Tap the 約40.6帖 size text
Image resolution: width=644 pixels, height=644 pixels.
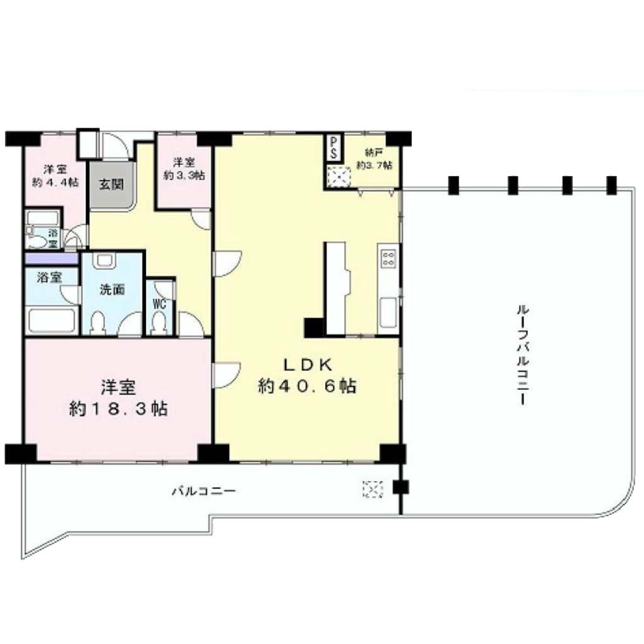tap(307, 386)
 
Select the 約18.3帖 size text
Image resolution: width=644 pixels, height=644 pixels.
tap(118, 409)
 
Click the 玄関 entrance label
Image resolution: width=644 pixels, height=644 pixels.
tap(111, 184)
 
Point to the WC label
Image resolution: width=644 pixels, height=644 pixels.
tap(159, 304)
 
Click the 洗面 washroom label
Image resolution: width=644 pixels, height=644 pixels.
tap(112, 289)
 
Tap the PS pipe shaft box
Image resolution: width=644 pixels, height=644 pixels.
tap(333, 148)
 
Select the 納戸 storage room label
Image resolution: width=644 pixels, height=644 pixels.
tap(374, 153)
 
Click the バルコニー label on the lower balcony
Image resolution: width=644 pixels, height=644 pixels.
tap(203, 491)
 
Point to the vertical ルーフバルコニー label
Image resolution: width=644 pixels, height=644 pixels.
tap(523, 355)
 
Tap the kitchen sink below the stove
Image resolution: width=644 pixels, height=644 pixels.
tap(388, 312)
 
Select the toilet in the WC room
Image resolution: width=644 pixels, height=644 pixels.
tap(159, 323)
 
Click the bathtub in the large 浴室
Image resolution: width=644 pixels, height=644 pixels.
tap(52, 320)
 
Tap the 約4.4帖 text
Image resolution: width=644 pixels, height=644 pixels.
tap(55, 182)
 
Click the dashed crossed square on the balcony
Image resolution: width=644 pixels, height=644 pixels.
tap(373, 489)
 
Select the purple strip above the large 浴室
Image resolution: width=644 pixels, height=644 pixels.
tap(52, 258)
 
